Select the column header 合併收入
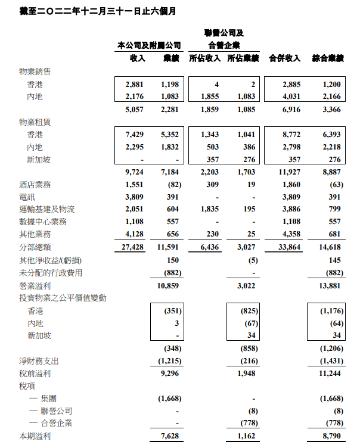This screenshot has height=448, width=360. coord(284,58)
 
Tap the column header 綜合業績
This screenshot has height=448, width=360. coord(328,58)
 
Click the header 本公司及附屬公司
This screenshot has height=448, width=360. coord(149,45)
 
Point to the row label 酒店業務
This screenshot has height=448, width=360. coord(35,184)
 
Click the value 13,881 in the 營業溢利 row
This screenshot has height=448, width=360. coord(331,285)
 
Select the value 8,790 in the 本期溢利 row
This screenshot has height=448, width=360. coord(333,437)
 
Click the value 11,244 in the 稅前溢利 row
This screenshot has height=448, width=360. coord(331,374)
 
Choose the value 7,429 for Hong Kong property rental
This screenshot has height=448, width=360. coord(135,135)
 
